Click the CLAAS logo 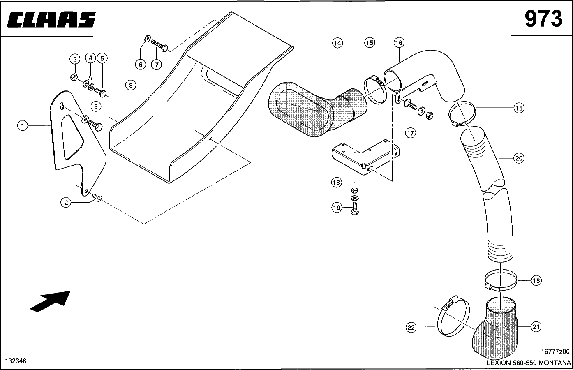(51, 19)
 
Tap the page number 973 (543, 19)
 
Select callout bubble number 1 (23, 126)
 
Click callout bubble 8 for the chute (131, 85)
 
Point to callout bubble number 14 (337, 43)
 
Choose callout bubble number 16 (399, 43)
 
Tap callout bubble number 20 (519, 158)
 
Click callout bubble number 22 (411, 328)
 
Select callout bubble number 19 (337, 207)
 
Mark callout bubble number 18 (336, 182)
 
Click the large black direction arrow (50, 301)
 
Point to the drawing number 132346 (16, 361)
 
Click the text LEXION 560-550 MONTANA (529, 363)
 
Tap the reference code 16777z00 (555, 351)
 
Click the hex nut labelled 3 (74, 76)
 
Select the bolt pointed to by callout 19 (355, 208)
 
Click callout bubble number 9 (96, 106)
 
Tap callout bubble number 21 (536, 327)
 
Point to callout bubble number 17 (411, 133)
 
